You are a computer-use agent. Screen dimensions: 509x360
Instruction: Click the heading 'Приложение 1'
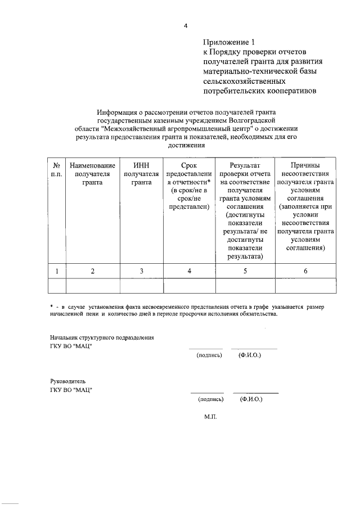pyautogui.click(x=229, y=42)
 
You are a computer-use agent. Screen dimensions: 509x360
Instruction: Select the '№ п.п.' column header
pyautogui.click(x=57, y=170)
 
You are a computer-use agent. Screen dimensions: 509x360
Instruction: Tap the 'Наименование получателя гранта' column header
pyautogui.click(x=92, y=174)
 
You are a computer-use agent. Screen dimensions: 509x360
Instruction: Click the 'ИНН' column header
pyautogui.click(x=142, y=165)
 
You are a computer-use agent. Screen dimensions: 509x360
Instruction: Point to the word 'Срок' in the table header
pyautogui.click(x=189, y=165)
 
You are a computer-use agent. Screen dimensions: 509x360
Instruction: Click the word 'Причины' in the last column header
pyautogui.click(x=305, y=165)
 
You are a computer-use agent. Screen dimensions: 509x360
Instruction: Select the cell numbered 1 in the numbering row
pyautogui.click(x=57, y=271)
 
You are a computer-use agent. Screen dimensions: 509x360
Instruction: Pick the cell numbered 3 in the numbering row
pyautogui.click(x=142, y=271)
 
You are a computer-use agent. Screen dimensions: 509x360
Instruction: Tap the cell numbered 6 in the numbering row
pyautogui.click(x=305, y=271)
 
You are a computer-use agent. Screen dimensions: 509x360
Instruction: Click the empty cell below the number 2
pyautogui.click(x=92, y=286)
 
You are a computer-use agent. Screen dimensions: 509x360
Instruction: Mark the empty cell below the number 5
pyautogui.click(x=245, y=286)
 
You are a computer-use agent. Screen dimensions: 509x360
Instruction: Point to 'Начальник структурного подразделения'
pyautogui.click(x=102, y=337)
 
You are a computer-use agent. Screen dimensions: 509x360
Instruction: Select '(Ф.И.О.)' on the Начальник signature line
pyautogui.click(x=250, y=355)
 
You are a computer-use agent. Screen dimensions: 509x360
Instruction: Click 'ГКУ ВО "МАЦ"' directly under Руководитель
pyautogui.click(x=71, y=389)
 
